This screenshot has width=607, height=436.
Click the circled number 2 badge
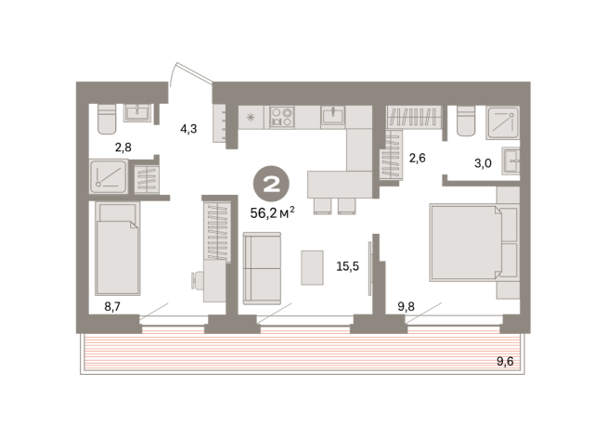point(271,184)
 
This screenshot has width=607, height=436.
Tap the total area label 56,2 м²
point(272,212)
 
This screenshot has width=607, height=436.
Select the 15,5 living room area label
point(347,266)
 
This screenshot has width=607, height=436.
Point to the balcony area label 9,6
point(505,362)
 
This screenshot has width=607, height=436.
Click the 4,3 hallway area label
point(188,128)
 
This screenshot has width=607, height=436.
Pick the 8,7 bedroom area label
point(112,306)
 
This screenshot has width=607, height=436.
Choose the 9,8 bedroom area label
point(407,306)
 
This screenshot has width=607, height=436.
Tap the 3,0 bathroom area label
point(483,163)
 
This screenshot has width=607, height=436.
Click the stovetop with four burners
point(282,117)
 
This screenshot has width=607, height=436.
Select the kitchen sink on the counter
point(332,115)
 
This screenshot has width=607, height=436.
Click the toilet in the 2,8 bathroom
point(107,119)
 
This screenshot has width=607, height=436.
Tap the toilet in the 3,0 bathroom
point(466,121)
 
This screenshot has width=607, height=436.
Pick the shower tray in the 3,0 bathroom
point(502,122)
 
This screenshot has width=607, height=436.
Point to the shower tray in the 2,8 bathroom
point(109,176)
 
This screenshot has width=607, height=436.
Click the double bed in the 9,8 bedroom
point(474,242)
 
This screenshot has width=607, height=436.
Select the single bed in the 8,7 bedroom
point(118,249)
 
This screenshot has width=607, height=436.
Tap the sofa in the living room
point(262,268)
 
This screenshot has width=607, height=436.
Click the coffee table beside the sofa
point(312,268)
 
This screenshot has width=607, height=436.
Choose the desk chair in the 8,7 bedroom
point(198,280)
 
